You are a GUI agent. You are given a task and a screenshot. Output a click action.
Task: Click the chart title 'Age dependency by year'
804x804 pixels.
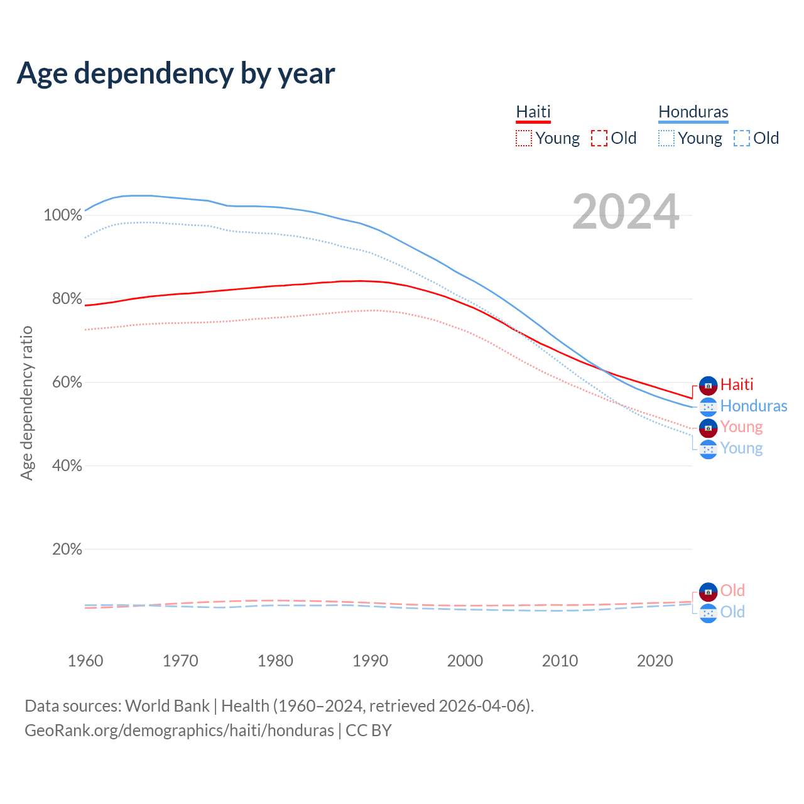(176, 73)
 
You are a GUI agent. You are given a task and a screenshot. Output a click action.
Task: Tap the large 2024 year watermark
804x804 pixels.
(626, 212)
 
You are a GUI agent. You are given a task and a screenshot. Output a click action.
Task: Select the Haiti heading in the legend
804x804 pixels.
(533, 112)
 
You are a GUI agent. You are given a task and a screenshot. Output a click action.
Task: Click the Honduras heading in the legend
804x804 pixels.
(693, 112)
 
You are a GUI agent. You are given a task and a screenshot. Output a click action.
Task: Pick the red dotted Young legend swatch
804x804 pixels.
(523, 138)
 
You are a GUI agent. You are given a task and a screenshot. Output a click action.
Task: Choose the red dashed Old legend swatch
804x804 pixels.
(599, 138)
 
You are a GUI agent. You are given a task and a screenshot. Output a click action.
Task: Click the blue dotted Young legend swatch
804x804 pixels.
(666, 138)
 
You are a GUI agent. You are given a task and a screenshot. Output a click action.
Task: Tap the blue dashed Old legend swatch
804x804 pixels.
(742, 138)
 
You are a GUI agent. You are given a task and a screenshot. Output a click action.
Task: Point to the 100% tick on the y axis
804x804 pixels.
(63, 215)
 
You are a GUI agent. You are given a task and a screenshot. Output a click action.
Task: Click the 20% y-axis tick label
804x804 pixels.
(67, 550)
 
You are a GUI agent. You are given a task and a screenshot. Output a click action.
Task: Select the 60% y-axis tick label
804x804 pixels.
(67, 383)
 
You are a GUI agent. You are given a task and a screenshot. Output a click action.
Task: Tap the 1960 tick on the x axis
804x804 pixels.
(85, 661)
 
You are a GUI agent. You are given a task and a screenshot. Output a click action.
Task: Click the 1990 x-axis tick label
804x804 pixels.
(371, 661)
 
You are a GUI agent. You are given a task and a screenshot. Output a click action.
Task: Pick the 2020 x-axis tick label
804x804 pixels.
(655, 661)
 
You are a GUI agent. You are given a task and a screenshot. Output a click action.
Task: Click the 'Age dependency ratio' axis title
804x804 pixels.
(26, 403)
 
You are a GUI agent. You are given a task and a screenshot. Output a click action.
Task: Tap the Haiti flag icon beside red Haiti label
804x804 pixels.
(708, 385)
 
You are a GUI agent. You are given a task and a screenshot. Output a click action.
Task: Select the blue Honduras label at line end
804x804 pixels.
(754, 406)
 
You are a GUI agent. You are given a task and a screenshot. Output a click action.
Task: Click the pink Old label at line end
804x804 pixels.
(732, 590)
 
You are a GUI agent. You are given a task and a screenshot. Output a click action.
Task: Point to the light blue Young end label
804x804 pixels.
(741, 448)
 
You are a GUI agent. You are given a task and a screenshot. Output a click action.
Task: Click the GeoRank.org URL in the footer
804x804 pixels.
(179, 731)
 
